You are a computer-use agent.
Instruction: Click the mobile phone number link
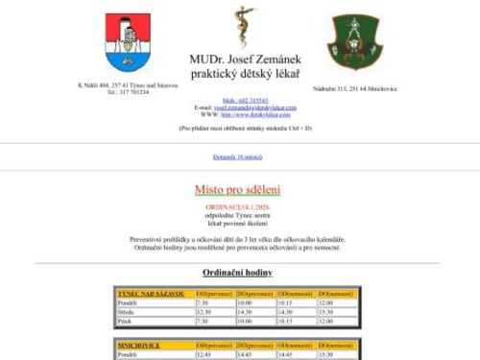(x=240, y=100)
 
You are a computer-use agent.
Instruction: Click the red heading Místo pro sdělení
(x=239, y=189)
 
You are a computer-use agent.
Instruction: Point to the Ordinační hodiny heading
(x=239, y=273)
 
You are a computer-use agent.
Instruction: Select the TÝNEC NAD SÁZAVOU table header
(x=154, y=292)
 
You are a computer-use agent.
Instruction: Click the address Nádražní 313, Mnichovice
(x=355, y=88)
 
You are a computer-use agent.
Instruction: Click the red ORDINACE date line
(x=239, y=206)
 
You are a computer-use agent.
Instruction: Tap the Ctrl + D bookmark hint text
(x=239, y=127)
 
